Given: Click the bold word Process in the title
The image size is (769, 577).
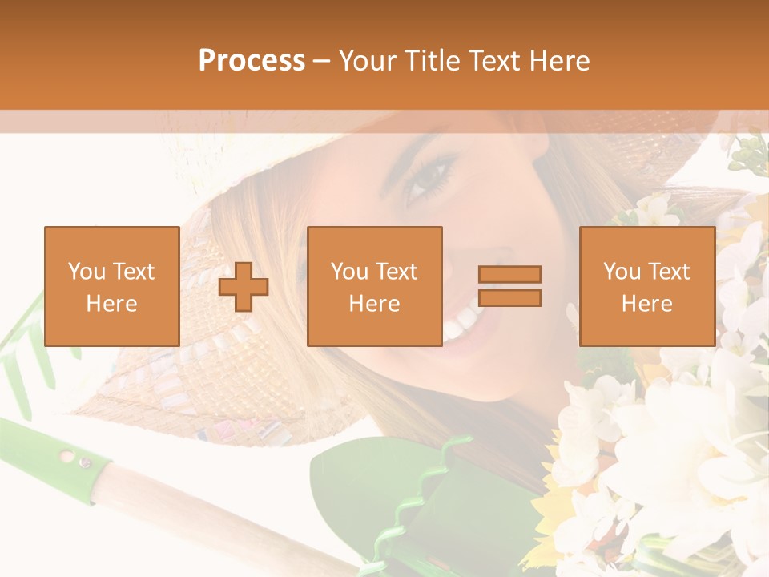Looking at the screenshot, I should (x=252, y=61).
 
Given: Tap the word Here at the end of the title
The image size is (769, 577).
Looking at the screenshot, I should (x=558, y=61).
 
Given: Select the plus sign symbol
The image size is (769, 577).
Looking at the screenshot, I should (x=244, y=287).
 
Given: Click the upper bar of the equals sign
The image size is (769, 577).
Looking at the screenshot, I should (x=509, y=274).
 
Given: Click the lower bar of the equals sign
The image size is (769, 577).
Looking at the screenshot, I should (x=509, y=298).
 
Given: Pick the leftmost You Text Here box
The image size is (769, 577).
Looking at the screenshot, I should (x=111, y=286).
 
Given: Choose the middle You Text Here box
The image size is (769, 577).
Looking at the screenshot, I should (x=374, y=286).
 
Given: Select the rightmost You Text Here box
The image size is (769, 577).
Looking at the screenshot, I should (x=646, y=286).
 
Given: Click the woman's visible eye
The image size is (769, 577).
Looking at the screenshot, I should (x=429, y=178).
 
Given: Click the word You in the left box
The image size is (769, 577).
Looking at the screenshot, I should (x=86, y=272).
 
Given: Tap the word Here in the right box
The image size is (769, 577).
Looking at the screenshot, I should (x=646, y=304).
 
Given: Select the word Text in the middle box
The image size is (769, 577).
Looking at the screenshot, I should (x=396, y=272).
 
